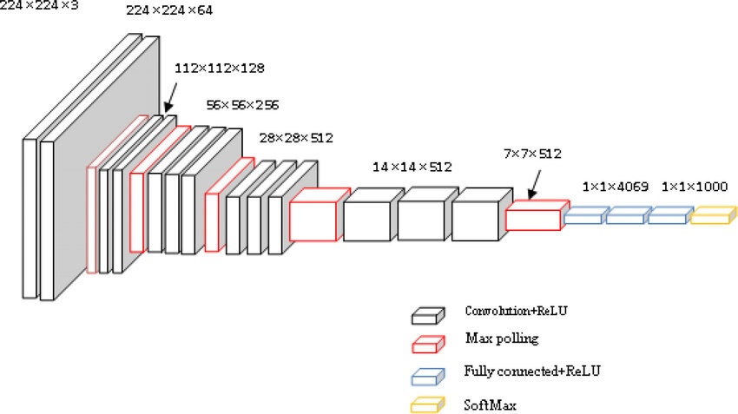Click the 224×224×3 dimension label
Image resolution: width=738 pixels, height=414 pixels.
pyautogui.click(x=40, y=5)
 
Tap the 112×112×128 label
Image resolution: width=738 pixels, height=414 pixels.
pyautogui.click(x=220, y=67)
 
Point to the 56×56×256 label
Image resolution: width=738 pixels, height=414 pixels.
pyautogui.click(x=242, y=105)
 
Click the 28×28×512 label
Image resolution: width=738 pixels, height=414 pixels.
pyautogui.click(x=296, y=138)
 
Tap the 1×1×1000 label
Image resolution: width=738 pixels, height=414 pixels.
pyautogui.click(x=694, y=186)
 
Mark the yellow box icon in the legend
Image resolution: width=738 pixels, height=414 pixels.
pyautogui.click(x=427, y=404)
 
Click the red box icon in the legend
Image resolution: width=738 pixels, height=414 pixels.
pyautogui.click(x=427, y=345)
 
